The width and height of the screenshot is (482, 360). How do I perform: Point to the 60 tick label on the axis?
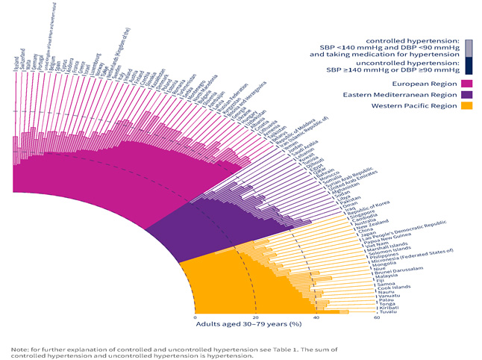[378, 317]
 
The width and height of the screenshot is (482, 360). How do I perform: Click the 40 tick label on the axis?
[316, 317]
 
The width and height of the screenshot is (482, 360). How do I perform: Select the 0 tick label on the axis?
[195, 317]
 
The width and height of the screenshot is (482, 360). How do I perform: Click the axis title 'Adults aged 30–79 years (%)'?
[248, 324]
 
